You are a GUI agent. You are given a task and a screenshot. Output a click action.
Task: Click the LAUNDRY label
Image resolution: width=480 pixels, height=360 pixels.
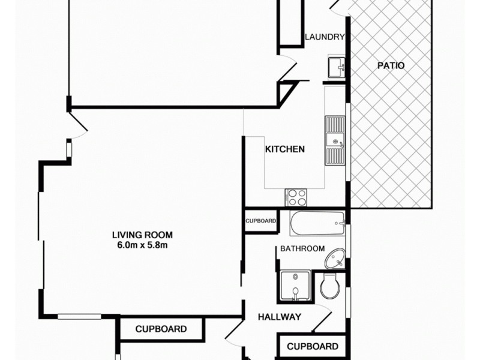pyautogui.click(x=325, y=37)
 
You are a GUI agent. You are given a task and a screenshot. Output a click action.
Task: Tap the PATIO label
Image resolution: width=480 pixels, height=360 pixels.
pyautogui.click(x=391, y=65)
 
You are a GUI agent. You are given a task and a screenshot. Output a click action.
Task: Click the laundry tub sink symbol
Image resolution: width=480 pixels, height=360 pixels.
pyautogui.click(x=335, y=65)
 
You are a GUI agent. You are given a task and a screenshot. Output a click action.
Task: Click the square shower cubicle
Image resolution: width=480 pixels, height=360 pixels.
pyautogui.click(x=295, y=286)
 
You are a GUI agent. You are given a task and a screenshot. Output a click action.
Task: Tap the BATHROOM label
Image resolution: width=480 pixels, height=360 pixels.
pyautogui.click(x=302, y=248)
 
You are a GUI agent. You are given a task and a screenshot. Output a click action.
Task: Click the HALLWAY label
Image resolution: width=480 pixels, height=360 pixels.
pyautogui.click(x=279, y=317)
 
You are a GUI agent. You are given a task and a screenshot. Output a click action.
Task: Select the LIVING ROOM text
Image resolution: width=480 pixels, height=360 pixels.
pyautogui.click(x=142, y=235)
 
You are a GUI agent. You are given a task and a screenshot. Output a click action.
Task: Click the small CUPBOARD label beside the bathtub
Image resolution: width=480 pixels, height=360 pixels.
pyautogui.click(x=260, y=221)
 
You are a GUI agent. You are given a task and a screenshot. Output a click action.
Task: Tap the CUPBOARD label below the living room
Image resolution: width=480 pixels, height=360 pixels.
pyautogui.click(x=160, y=329)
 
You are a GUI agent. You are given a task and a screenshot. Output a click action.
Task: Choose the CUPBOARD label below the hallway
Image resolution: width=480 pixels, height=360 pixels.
pyautogui.click(x=312, y=346)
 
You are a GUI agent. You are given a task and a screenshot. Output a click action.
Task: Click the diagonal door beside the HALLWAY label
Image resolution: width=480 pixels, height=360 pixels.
pyautogui.click(x=322, y=318)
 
